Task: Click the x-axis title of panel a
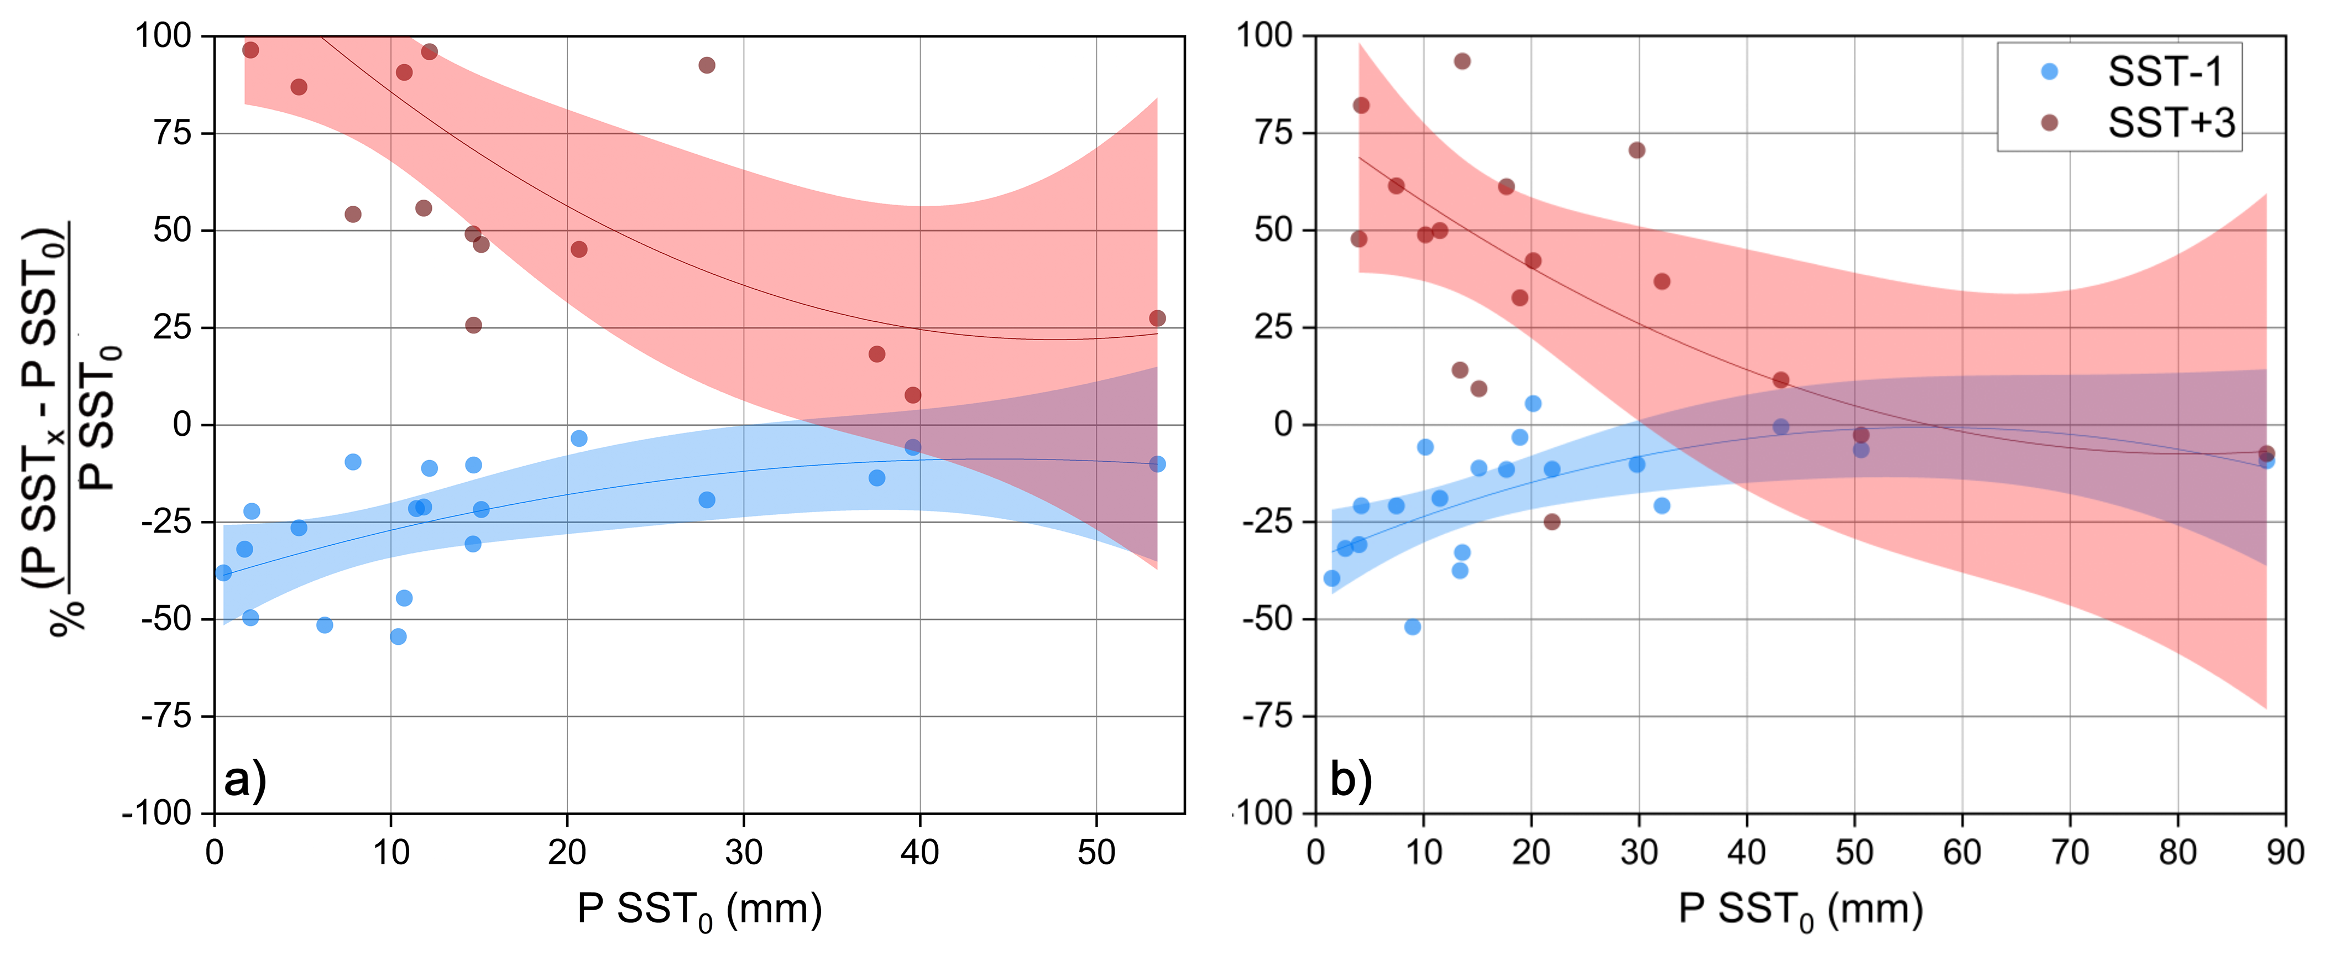tap(699, 910)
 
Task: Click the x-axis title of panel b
tap(1801, 910)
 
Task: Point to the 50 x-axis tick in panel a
tap(1096, 851)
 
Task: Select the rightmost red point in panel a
tap(1157, 319)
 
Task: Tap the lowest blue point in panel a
tap(398, 636)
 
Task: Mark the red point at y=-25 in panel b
tap(1551, 521)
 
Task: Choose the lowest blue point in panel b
tap(1413, 627)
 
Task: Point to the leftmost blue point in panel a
tap(223, 572)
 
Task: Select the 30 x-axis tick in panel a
tap(744, 851)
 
